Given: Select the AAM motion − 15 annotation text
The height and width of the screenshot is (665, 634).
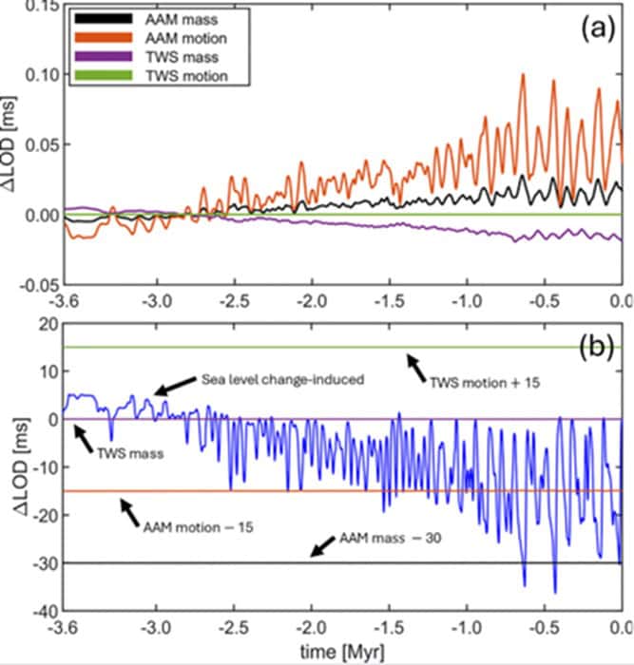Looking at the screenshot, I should click(199, 523).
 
